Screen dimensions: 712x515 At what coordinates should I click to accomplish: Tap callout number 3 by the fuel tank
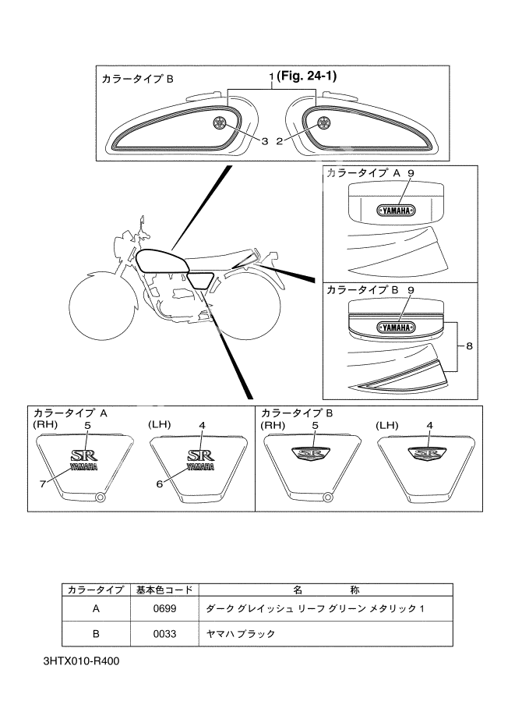tap(265, 140)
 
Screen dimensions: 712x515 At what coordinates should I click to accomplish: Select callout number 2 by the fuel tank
tap(278, 140)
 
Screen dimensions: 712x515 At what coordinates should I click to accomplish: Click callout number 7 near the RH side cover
tap(43, 484)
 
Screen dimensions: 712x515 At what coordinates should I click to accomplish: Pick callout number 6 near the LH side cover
tap(159, 484)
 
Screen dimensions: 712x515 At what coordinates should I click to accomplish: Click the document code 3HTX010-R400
tap(82, 662)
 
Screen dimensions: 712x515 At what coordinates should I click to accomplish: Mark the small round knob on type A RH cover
tap(99, 498)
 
